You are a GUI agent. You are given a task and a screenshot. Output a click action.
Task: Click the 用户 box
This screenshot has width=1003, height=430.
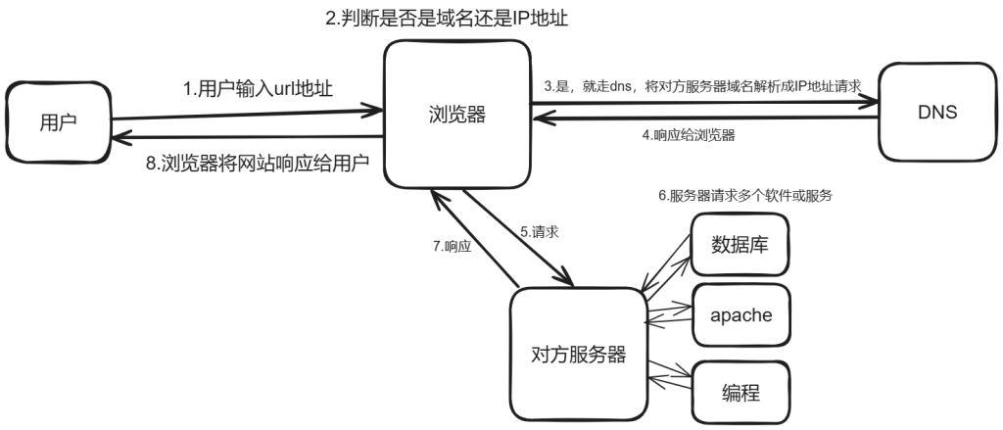(58, 122)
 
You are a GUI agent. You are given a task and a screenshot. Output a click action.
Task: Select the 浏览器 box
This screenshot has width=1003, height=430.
(456, 115)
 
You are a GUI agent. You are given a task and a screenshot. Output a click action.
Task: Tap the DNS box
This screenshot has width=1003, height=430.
(937, 112)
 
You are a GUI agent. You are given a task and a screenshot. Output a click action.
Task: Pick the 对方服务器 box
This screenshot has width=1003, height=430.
(578, 354)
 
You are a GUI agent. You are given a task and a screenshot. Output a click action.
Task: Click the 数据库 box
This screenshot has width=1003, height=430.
(740, 245)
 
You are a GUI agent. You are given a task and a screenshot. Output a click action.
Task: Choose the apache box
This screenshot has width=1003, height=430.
(740, 315)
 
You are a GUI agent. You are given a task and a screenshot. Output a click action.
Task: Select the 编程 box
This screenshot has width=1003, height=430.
(740, 392)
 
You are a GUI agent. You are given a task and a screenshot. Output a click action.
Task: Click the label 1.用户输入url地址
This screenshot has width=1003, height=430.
(258, 88)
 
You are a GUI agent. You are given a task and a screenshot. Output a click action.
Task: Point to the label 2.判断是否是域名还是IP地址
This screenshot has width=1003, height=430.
(447, 18)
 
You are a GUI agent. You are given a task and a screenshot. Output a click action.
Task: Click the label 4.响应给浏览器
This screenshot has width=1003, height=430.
(689, 135)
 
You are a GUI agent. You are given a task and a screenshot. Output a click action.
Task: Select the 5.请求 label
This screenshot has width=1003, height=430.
(540, 231)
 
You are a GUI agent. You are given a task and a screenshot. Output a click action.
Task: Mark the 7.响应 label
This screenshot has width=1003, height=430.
(453, 246)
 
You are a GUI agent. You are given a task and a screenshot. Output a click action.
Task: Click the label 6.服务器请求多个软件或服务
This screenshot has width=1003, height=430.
(745, 196)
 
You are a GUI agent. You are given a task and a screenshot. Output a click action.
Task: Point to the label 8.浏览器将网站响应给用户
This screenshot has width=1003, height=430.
(258, 163)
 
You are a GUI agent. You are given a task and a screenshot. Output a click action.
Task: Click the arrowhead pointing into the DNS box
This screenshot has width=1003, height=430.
(869, 101)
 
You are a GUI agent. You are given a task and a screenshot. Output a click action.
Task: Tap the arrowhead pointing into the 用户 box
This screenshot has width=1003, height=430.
(121, 137)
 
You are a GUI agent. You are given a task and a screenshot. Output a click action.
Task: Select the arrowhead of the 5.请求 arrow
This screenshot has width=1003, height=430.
(565, 278)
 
